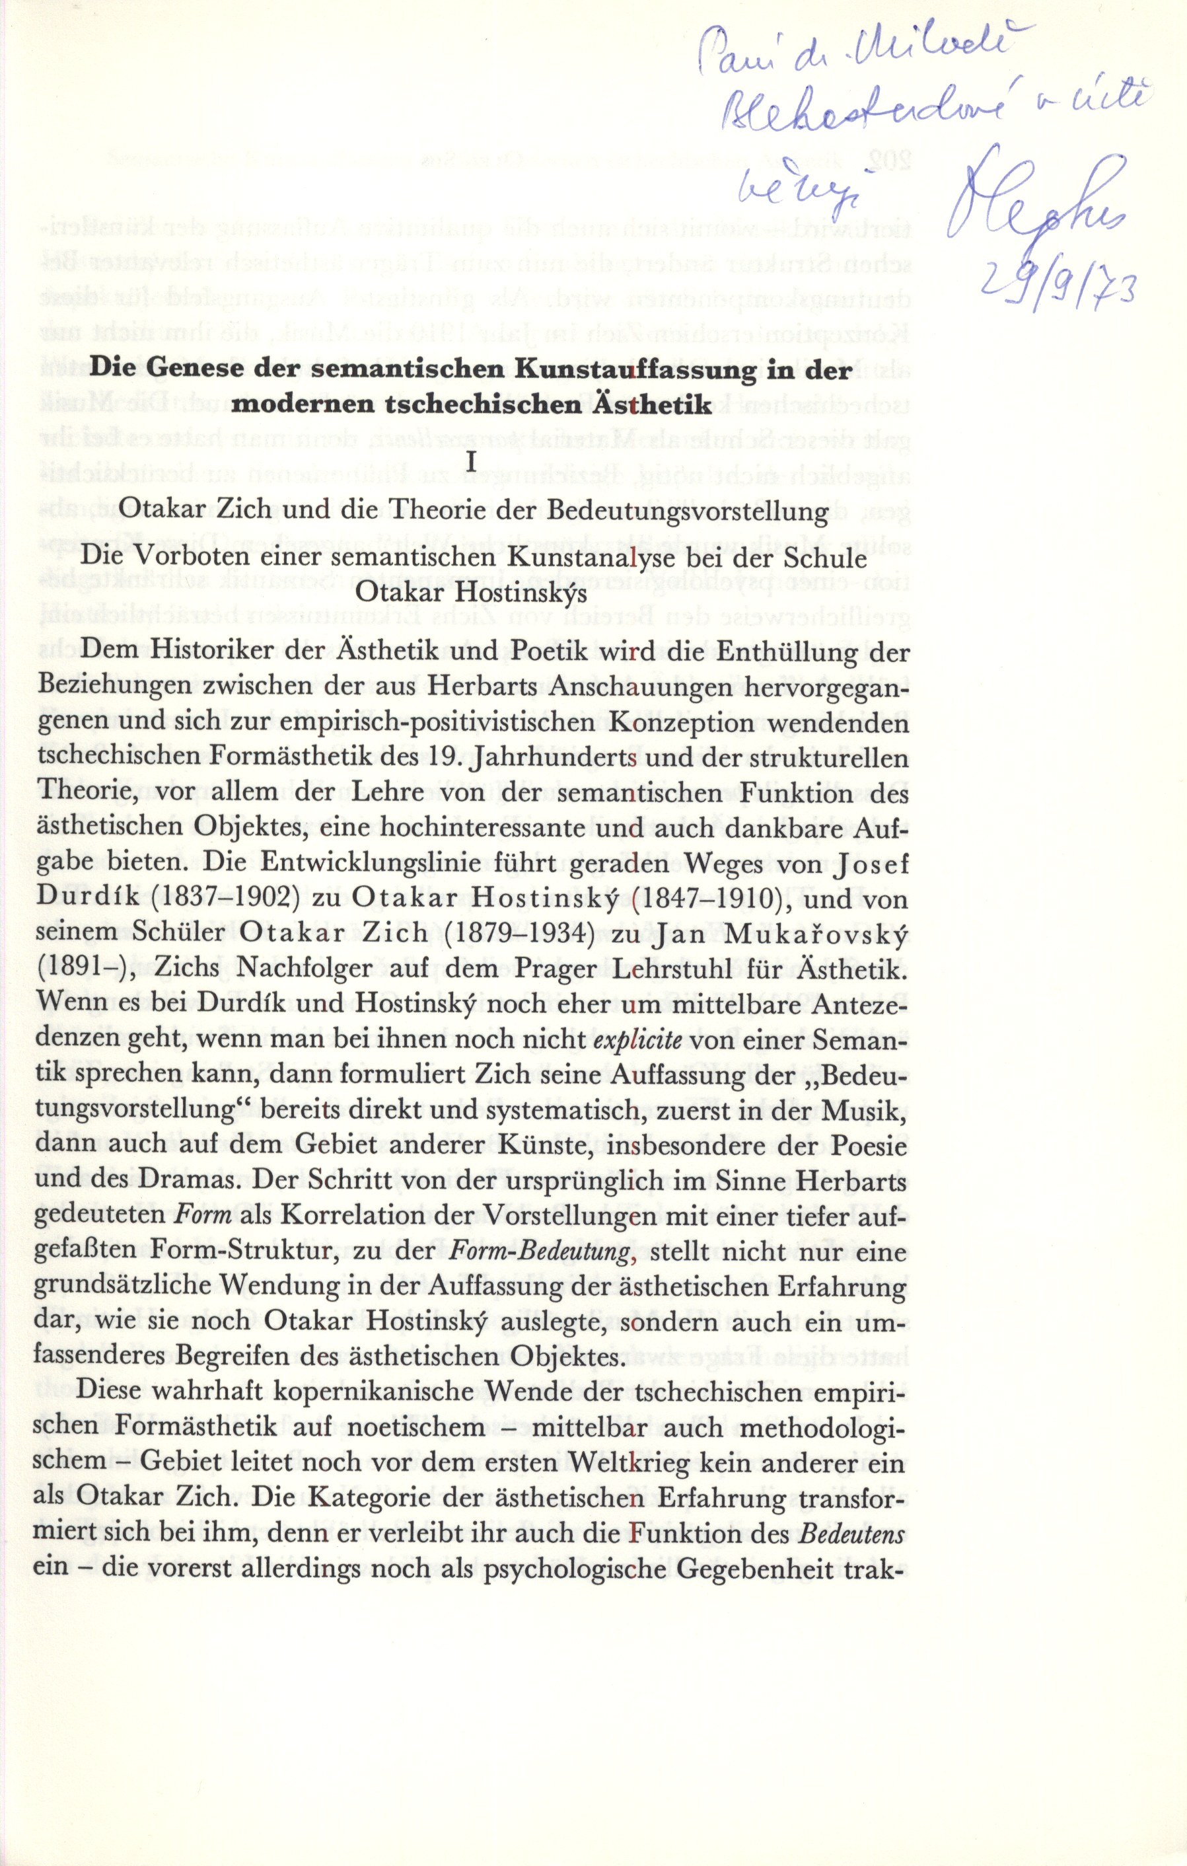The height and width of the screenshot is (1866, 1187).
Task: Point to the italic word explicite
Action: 637,1040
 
